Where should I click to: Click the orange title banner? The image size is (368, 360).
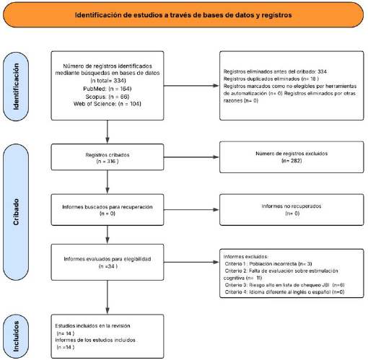click(x=183, y=15)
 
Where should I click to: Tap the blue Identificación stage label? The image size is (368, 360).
click(x=16, y=87)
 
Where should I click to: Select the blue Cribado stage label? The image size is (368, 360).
click(x=16, y=212)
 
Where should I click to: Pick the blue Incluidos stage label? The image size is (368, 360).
click(x=16, y=336)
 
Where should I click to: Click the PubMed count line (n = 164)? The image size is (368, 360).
click(x=108, y=89)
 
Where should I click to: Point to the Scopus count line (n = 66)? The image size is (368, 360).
click(x=108, y=97)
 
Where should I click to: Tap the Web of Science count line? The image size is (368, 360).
click(x=108, y=104)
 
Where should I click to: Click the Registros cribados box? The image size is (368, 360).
click(x=108, y=157)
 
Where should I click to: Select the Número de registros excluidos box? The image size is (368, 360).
click(x=292, y=157)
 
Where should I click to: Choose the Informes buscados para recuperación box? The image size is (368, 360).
click(x=108, y=210)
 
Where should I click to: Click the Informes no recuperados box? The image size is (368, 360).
click(x=292, y=210)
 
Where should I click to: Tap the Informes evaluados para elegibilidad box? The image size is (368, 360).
click(x=108, y=262)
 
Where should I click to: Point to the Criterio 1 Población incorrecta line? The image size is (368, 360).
click(x=268, y=263)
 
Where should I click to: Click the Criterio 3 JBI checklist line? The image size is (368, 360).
click(x=284, y=285)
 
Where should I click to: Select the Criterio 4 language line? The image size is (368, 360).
click(x=284, y=292)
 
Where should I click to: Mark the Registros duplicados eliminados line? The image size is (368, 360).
click(x=271, y=79)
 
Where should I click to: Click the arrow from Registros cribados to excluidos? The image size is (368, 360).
click(x=191, y=157)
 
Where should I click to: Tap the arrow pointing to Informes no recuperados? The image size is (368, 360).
click(x=191, y=210)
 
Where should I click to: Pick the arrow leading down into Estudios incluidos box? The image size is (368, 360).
click(x=108, y=297)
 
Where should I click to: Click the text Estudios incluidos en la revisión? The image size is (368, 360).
click(x=92, y=326)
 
